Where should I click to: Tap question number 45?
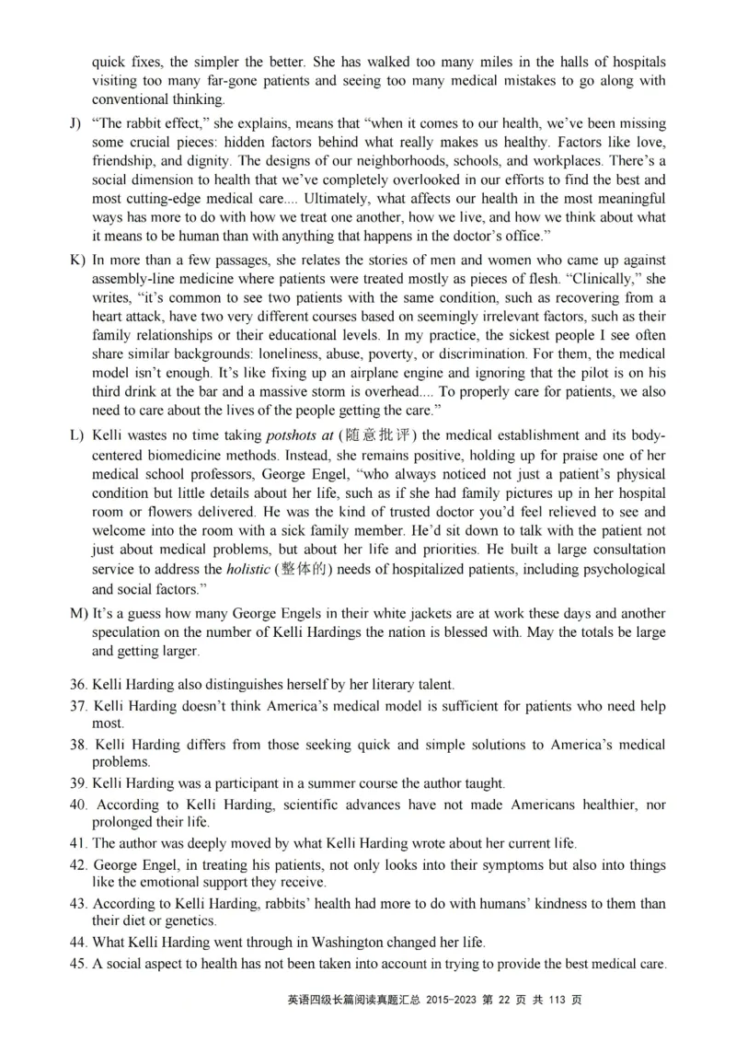(78, 964)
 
